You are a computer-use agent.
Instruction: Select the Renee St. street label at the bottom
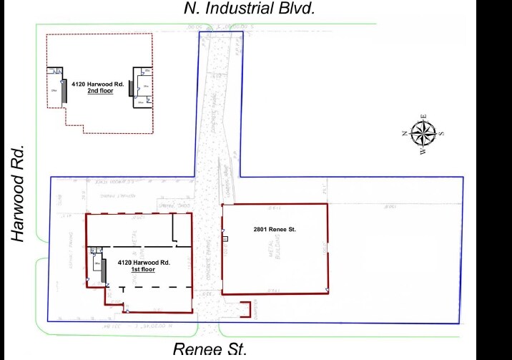[x=210, y=349]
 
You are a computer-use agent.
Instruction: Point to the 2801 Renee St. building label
[x=274, y=229]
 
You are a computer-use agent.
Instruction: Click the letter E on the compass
[x=423, y=116]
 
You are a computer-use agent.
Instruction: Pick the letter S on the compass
[x=442, y=134]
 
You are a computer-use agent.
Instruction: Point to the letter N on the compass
[x=405, y=134]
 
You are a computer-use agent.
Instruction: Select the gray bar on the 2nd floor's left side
[x=64, y=92]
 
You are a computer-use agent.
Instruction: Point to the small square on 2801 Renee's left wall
[x=225, y=238]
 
